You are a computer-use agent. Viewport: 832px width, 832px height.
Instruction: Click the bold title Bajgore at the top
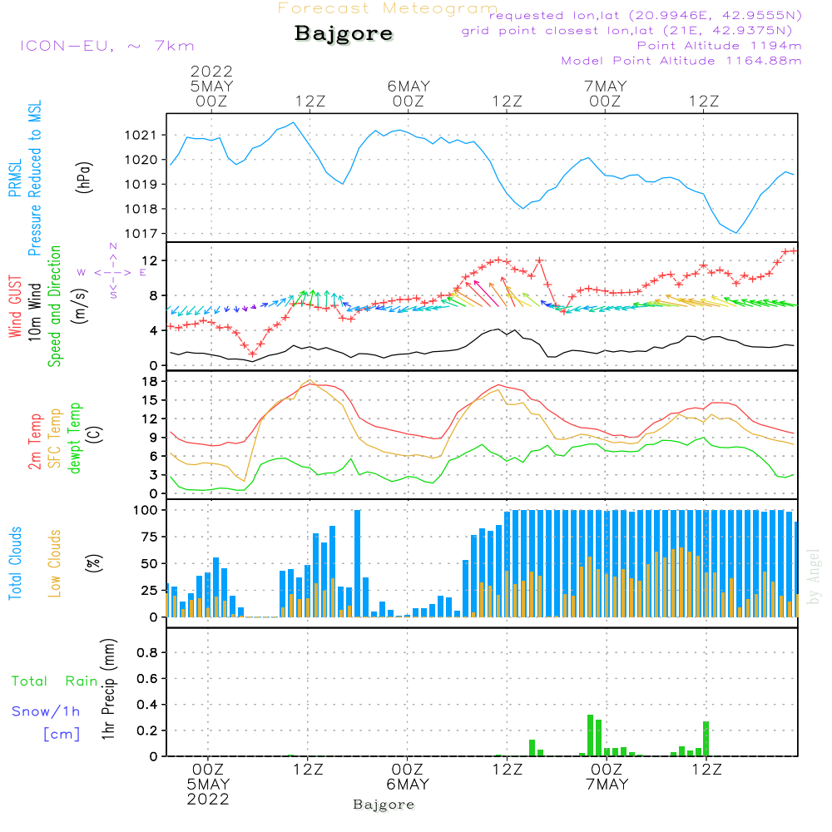click(343, 34)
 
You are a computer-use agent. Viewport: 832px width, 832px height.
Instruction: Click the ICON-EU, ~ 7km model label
click(106, 46)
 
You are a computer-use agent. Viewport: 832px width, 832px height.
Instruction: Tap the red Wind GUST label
click(15, 309)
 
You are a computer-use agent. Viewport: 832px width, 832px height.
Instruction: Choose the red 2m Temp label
click(35, 441)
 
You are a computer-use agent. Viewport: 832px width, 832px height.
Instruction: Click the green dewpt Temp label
click(74, 438)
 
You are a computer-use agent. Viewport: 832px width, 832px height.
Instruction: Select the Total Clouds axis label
click(15, 563)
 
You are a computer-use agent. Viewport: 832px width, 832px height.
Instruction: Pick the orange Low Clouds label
click(55, 563)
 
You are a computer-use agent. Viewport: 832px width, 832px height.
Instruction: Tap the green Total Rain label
click(54, 681)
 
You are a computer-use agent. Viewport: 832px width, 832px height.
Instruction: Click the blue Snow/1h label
click(46, 711)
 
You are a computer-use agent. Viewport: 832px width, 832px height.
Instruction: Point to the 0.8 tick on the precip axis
click(146, 653)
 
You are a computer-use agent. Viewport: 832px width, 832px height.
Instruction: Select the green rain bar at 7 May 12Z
click(706, 738)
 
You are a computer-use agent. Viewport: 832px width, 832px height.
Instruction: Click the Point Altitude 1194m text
click(719, 45)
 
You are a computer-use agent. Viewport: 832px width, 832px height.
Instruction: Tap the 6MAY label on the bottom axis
click(408, 785)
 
